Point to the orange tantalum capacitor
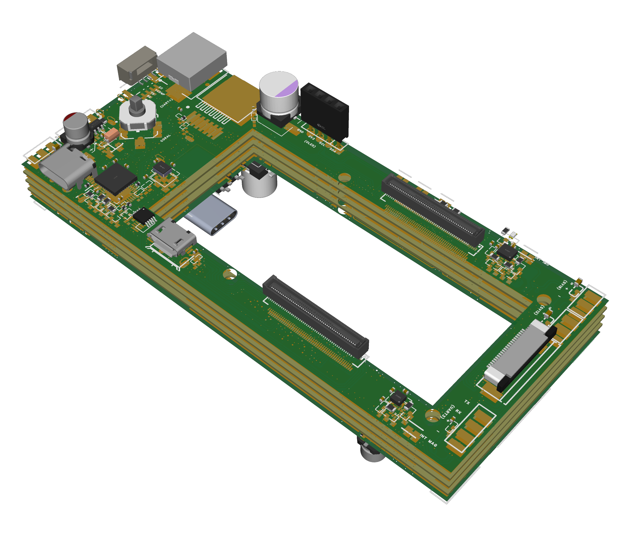point(112,134)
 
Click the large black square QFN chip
point(116,178)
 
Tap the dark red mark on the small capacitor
point(70,116)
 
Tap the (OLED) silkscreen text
point(310,144)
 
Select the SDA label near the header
point(333,151)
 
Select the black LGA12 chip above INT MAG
point(398,398)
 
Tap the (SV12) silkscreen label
point(539,310)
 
